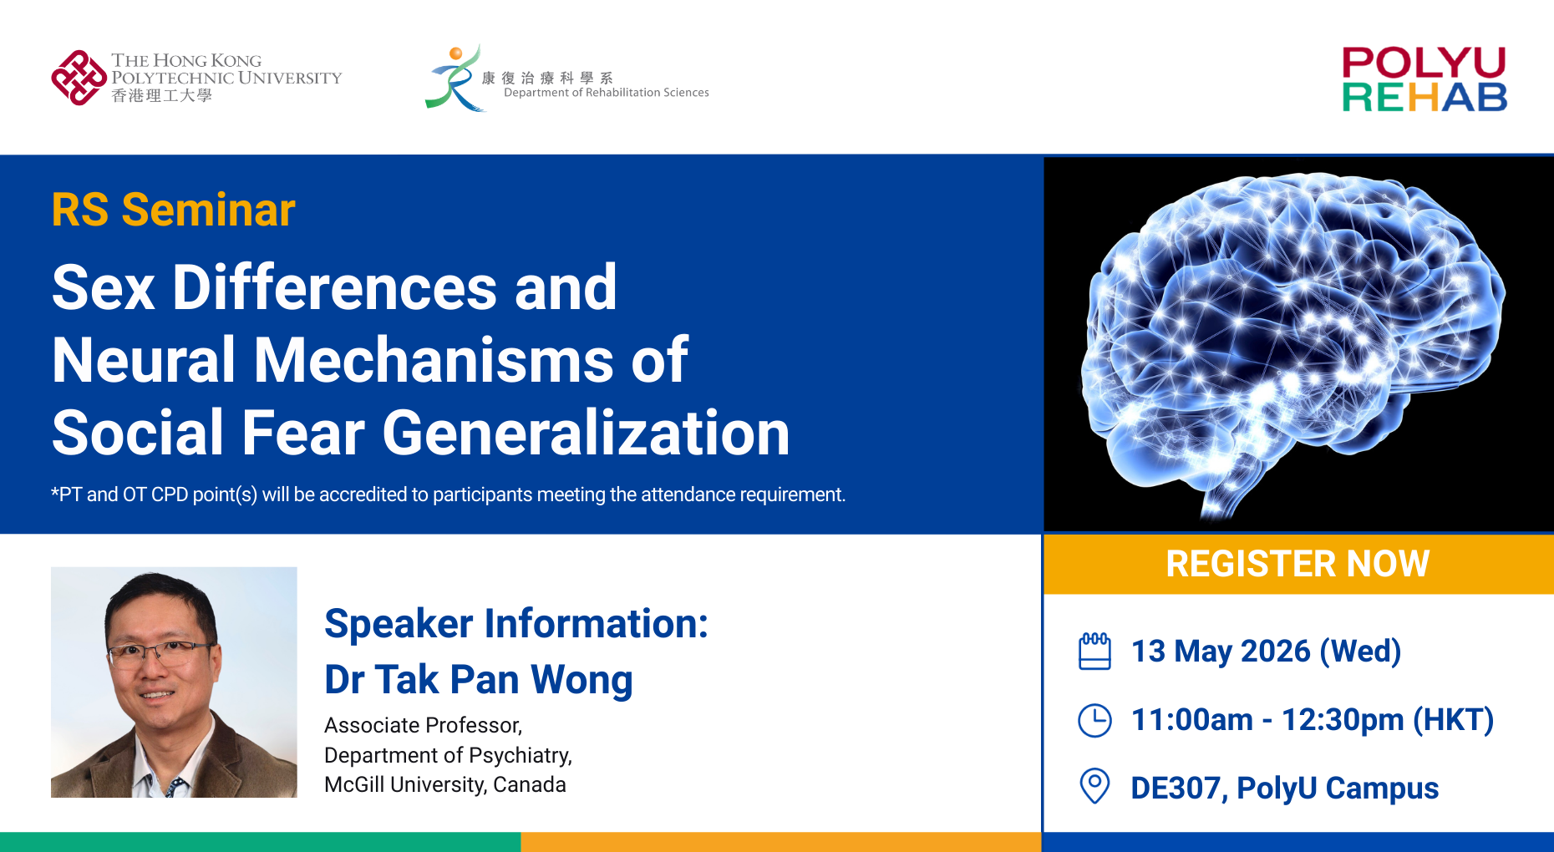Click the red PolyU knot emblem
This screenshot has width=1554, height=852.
pos(79,78)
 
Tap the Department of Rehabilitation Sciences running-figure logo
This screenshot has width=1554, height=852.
pos(455,78)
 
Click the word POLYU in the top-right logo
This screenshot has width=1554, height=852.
pos(1424,63)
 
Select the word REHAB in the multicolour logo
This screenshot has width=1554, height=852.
pos(1424,98)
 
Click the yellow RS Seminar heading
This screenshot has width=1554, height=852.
pos(173,209)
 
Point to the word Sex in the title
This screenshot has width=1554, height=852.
pos(104,287)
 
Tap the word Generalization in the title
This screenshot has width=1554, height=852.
pos(586,433)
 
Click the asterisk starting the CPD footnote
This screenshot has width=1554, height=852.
pos(55,492)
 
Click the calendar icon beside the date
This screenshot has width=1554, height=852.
pos(1094,652)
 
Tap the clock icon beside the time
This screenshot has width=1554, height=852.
pos(1094,720)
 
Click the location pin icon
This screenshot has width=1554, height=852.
pos(1094,786)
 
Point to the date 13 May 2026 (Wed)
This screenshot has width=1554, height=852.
pos(1266,652)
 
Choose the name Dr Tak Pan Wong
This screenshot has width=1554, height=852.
pos(478,679)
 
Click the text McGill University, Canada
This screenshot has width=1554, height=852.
pos(445,784)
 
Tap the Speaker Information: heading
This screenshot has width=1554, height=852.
pos(516,623)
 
